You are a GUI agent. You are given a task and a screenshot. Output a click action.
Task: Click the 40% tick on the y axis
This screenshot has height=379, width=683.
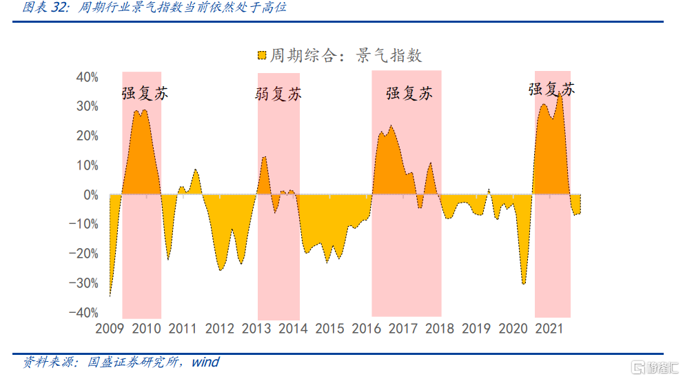(x=87, y=77)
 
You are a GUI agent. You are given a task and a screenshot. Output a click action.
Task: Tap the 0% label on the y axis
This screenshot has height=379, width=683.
(x=90, y=195)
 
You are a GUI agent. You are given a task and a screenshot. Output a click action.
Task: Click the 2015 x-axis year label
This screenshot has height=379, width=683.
(x=329, y=328)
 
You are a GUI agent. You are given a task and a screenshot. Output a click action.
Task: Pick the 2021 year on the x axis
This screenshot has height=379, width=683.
(x=550, y=328)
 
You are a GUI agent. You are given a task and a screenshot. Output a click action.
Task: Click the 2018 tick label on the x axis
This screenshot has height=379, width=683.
(x=440, y=328)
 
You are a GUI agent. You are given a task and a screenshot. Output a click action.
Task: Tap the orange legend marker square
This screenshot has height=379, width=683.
(x=261, y=56)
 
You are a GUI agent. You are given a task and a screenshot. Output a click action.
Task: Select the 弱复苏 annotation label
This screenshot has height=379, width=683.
(x=278, y=94)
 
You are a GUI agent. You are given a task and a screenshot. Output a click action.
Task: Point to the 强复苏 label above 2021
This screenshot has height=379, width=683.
(x=551, y=89)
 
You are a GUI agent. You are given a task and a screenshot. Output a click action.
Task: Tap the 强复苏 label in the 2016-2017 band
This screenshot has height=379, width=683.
(x=409, y=93)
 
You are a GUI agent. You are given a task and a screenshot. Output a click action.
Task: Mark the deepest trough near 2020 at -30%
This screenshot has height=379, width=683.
(x=524, y=283)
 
